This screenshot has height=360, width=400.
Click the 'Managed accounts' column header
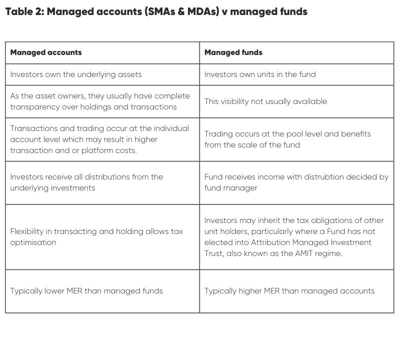(46, 52)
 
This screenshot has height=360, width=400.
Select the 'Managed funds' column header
(233, 52)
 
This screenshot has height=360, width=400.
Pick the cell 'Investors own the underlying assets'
(76, 74)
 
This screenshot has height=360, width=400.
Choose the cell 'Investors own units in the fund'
(260, 74)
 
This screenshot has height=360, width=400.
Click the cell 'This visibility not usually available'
(265, 101)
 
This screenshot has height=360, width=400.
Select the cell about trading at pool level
(287, 139)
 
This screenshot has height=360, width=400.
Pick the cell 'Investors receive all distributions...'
(86, 182)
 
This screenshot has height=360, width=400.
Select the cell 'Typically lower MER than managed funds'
(86, 291)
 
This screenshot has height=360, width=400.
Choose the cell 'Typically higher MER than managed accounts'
(289, 291)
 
